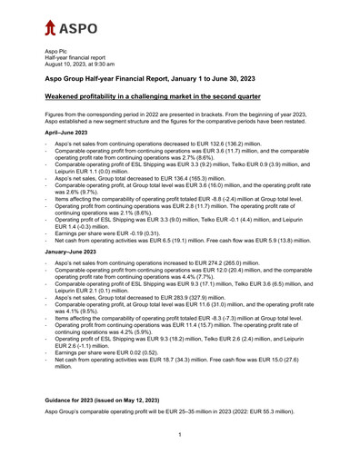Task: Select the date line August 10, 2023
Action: click(x=88, y=66)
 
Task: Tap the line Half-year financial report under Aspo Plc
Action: click(x=80, y=61)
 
